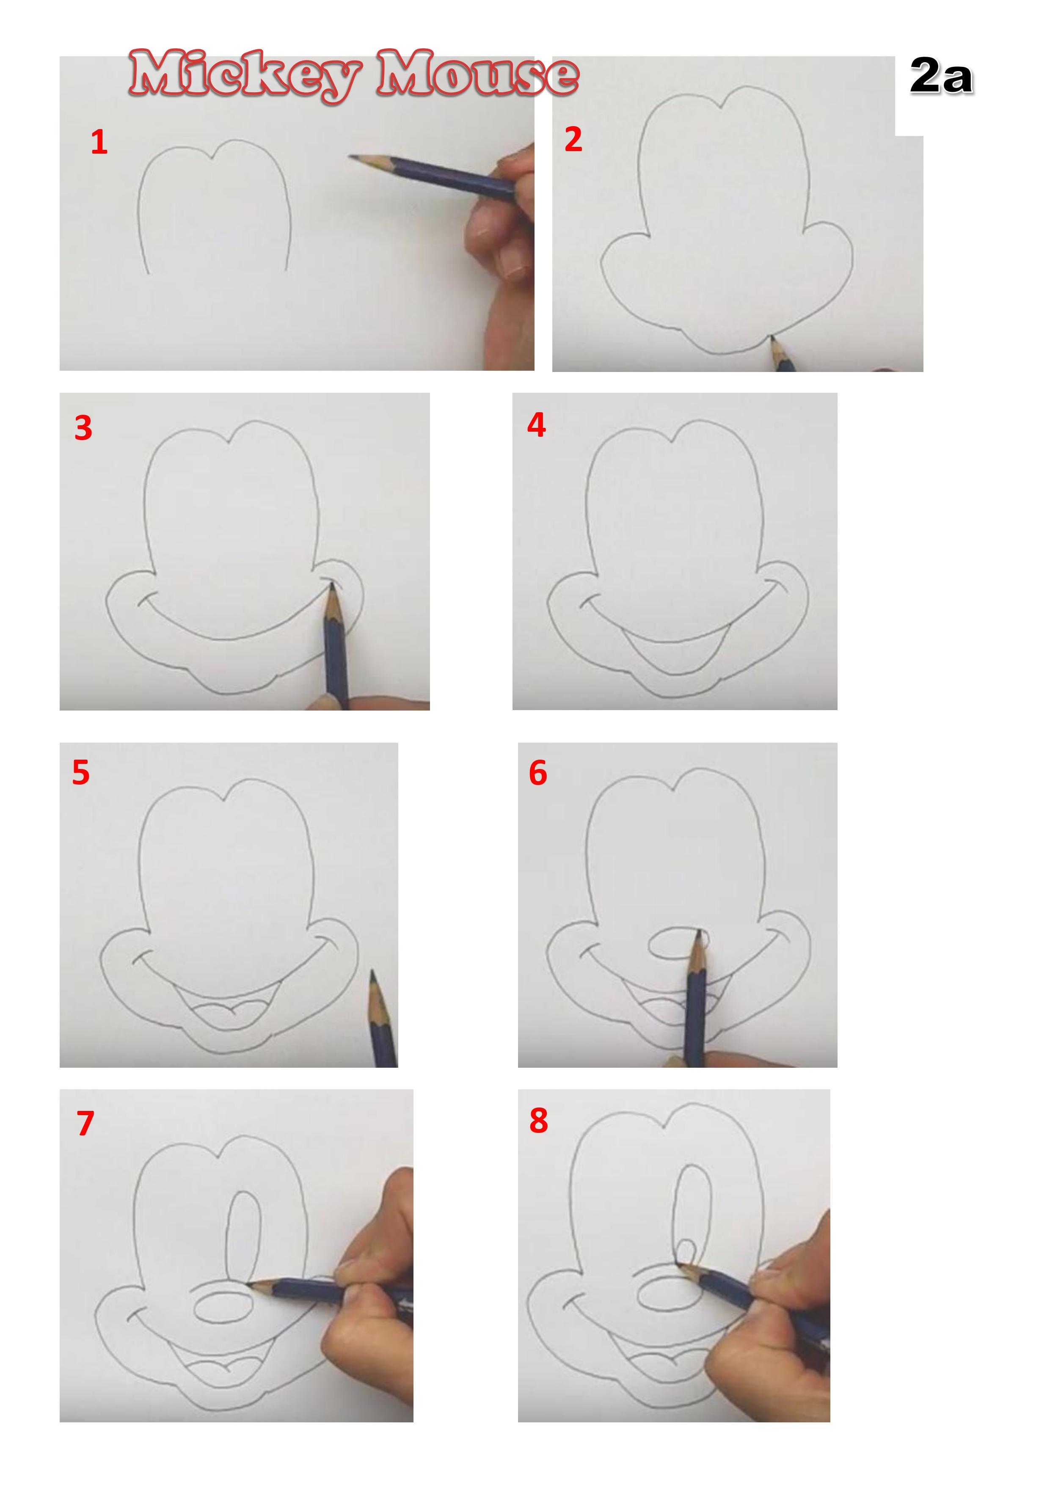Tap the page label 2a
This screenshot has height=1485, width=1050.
tap(941, 76)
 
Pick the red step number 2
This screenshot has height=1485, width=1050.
tap(573, 139)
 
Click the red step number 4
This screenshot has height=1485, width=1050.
tap(536, 425)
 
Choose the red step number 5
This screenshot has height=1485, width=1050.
tap(81, 772)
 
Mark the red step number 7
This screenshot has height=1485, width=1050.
tap(85, 1124)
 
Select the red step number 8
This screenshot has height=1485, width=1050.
tap(538, 1121)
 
